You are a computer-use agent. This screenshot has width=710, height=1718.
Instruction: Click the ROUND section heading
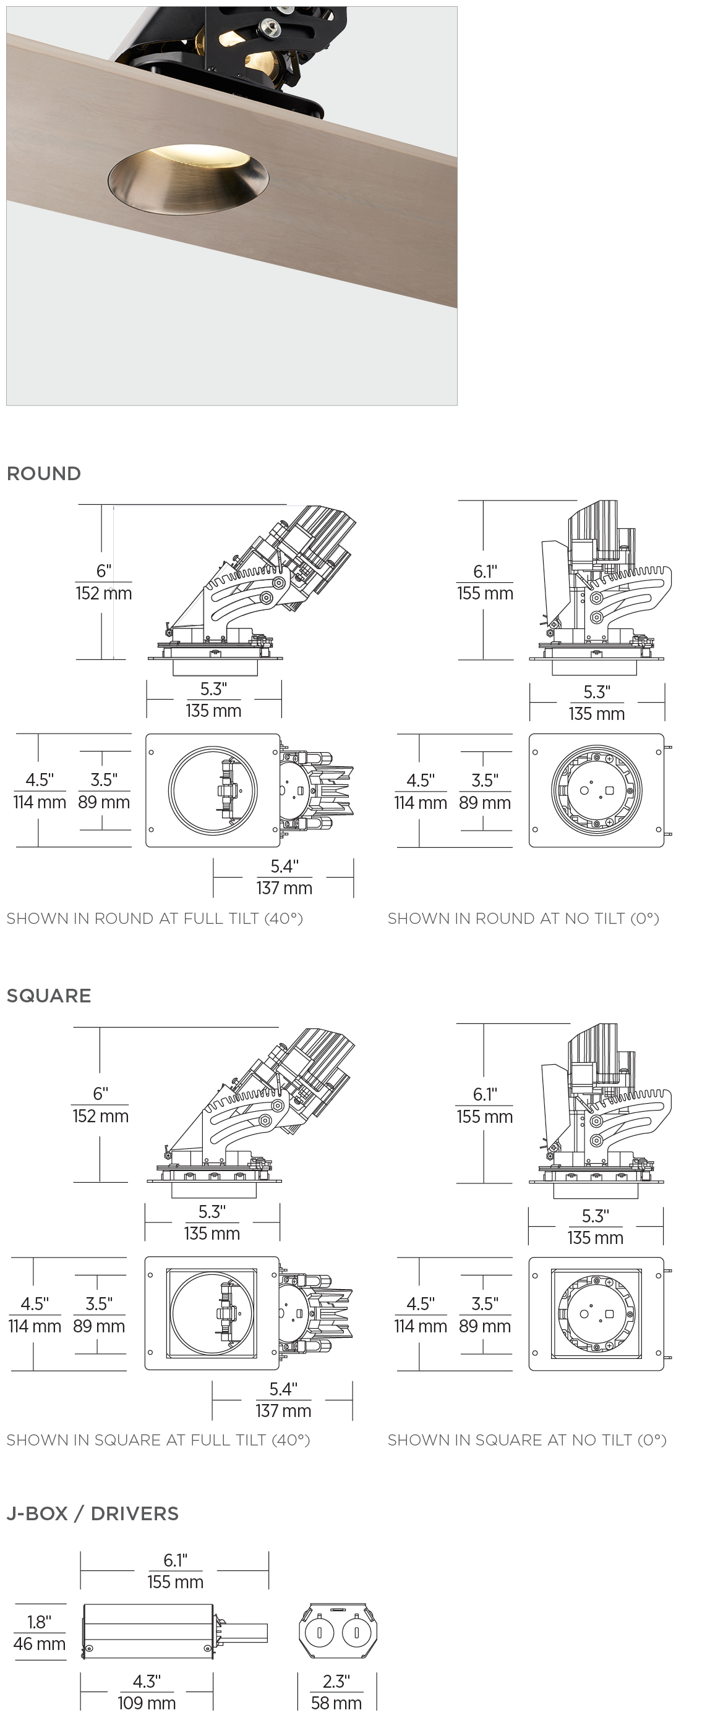[44, 473]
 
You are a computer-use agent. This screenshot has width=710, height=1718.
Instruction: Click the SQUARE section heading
[49, 996]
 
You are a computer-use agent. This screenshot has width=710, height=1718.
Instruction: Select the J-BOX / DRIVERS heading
[93, 1514]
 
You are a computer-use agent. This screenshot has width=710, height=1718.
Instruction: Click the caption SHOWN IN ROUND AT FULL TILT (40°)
[155, 918]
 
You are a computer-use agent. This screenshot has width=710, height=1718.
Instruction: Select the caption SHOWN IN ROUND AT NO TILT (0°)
[523, 918]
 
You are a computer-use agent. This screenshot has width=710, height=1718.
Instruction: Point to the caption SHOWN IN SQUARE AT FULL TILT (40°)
[158, 1440]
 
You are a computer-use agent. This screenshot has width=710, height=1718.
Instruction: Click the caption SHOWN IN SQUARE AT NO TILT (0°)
[527, 1440]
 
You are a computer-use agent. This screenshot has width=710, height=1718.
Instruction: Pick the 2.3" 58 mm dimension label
[336, 1692]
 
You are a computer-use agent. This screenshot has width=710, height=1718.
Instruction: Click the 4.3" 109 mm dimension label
[146, 1692]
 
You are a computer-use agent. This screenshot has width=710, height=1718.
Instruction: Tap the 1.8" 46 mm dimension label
[40, 1633]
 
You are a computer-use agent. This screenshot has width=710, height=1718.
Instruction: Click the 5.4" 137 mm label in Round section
[284, 877]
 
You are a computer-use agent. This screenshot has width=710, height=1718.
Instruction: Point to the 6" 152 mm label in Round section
[103, 582]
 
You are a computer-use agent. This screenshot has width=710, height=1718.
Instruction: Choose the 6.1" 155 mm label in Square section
[484, 1106]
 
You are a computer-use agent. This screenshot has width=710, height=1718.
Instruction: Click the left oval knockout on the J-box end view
[320, 1633]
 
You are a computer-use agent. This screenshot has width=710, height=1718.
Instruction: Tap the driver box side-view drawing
[148, 1632]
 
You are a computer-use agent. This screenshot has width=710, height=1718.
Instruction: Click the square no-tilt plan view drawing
[596, 1314]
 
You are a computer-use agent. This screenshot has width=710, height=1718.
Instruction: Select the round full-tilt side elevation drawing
[254, 587]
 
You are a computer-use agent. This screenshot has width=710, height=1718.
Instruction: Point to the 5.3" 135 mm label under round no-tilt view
[597, 703]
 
